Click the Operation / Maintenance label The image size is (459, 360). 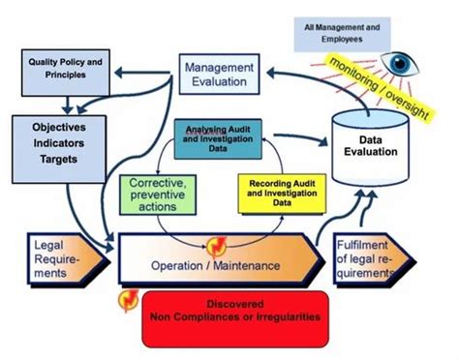[215, 264]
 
